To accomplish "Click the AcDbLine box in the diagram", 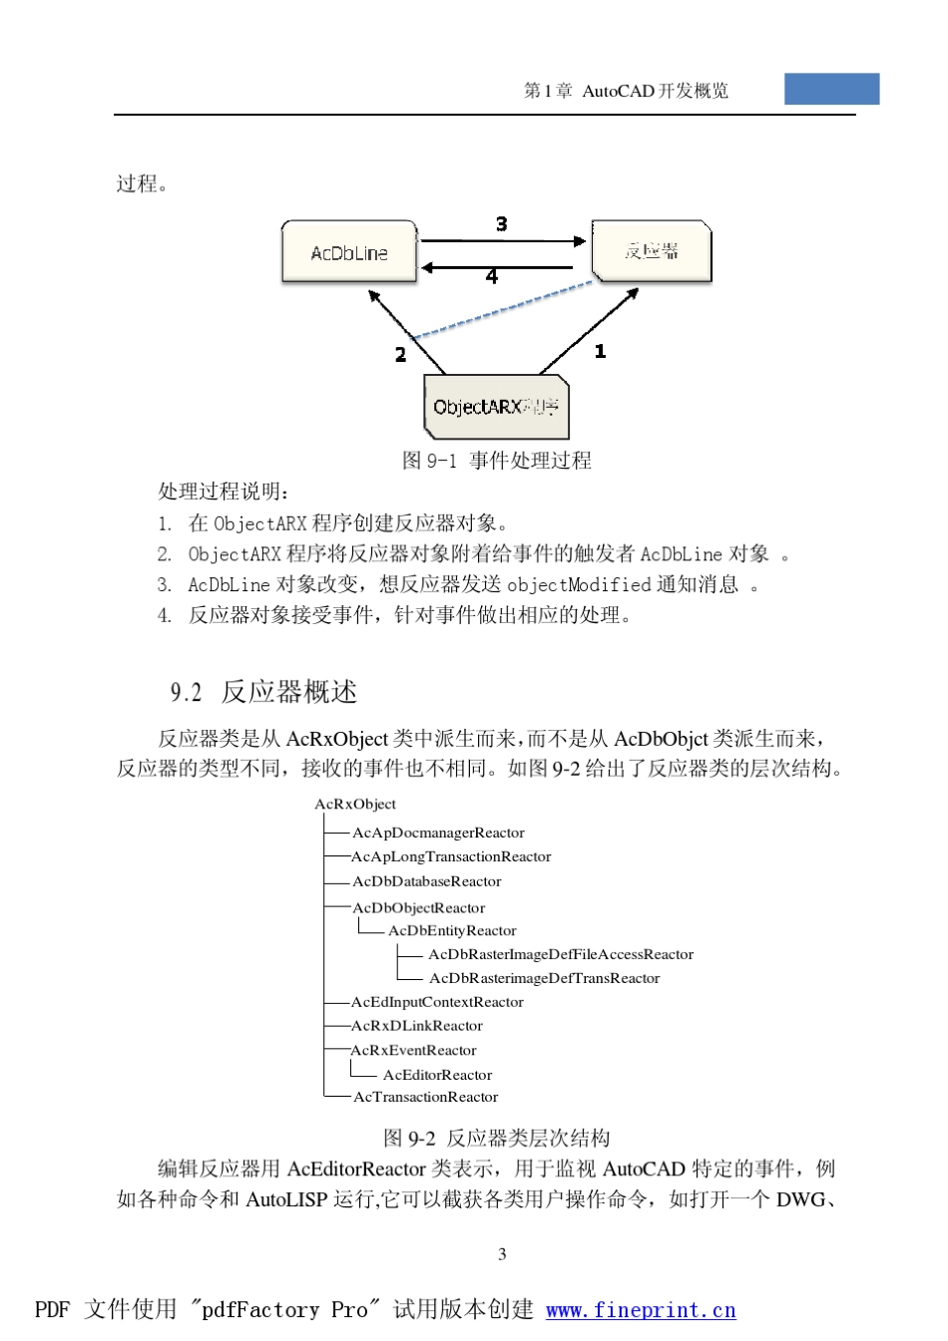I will pyautogui.click(x=349, y=252).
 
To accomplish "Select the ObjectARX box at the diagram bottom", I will pyautogui.click(x=496, y=407).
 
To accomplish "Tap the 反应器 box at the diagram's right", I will pyautogui.click(x=652, y=251).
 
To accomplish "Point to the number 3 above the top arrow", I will pyautogui.click(x=501, y=224).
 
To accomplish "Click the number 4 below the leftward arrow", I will pyautogui.click(x=491, y=276).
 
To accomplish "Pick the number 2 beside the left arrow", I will pyautogui.click(x=400, y=354).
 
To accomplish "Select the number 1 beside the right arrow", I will pyautogui.click(x=600, y=351).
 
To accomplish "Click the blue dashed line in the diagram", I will pyautogui.click(x=504, y=310).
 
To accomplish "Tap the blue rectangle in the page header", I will pyautogui.click(x=831, y=89).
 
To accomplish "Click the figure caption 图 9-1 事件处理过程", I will pyautogui.click(x=496, y=460).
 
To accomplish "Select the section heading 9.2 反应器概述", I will pyautogui.click(x=263, y=691).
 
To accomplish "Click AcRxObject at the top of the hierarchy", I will pyautogui.click(x=355, y=804).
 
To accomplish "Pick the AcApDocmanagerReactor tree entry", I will pyautogui.click(x=438, y=833).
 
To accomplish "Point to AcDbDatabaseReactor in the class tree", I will pyautogui.click(x=426, y=881).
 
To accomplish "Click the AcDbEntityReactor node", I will pyautogui.click(x=452, y=930).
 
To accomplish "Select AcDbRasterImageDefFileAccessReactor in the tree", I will pyautogui.click(x=561, y=954).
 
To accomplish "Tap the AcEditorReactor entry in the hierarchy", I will pyautogui.click(x=437, y=1075).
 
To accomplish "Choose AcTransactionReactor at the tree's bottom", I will pyautogui.click(x=425, y=1097).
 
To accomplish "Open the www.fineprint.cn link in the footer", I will pyautogui.click(x=641, y=1310).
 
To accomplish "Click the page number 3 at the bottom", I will pyautogui.click(x=502, y=1254).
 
